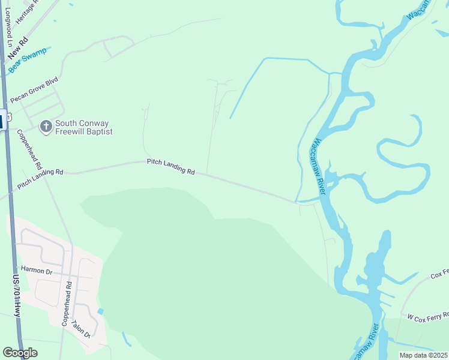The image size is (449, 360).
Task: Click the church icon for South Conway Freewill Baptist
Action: [x=46, y=127]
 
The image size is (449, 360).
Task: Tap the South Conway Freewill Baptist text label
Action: [x=84, y=127]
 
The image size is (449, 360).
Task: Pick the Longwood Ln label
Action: [x=8, y=31]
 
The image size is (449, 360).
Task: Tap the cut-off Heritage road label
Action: [x=27, y=11]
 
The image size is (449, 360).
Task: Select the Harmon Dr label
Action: [x=37, y=271]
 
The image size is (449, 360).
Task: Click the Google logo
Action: [x=20, y=353]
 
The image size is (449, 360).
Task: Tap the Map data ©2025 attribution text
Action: [x=423, y=355]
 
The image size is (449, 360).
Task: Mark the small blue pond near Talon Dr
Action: [x=100, y=311]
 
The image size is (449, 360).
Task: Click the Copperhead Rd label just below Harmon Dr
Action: [x=67, y=303]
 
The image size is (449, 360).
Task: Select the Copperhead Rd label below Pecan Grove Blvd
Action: [x=29, y=149]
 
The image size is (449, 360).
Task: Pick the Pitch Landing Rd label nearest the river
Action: [x=171, y=167]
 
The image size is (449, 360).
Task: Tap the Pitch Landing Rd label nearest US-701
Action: [x=40, y=179]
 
